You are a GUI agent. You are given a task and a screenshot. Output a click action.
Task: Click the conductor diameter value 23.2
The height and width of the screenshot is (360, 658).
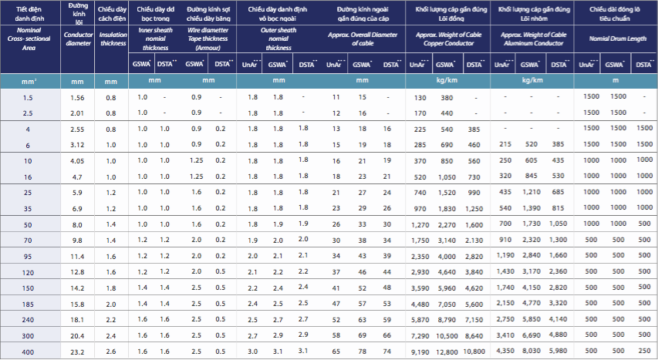[77, 351]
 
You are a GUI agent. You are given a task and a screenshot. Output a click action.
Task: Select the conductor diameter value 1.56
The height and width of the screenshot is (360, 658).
[77, 98]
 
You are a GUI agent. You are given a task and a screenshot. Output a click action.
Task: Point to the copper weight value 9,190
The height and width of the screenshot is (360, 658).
[420, 352]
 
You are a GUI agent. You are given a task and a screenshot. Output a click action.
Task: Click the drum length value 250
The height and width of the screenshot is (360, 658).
[643, 352]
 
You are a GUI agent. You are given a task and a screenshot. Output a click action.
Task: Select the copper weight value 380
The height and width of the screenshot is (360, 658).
[447, 98]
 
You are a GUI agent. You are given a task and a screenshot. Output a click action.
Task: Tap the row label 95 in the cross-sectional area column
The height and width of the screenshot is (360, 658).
[29, 255]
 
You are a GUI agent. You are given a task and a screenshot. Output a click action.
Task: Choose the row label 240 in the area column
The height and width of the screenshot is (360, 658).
[29, 318]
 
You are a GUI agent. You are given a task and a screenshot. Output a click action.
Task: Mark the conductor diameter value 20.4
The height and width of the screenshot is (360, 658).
[77, 335]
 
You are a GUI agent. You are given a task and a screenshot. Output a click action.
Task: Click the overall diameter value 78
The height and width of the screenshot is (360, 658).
[362, 352]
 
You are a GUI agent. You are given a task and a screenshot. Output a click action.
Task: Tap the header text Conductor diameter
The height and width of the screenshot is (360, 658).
[77, 39]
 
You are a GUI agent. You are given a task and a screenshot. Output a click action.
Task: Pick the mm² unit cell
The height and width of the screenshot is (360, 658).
[29, 81]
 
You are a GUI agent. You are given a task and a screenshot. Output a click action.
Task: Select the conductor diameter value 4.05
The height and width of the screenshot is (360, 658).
[77, 160]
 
